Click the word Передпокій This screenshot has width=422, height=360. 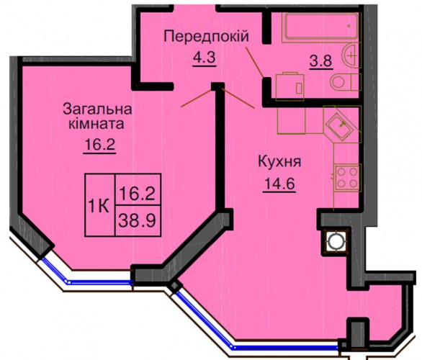click(207, 36)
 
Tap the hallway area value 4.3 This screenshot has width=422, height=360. click(205, 57)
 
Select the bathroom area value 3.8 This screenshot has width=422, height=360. click(320, 60)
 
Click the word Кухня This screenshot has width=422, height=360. click(279, 162)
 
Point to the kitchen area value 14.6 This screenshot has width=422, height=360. click(279, 184)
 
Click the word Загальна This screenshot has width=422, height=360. click(97, 109)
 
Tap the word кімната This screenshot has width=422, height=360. click(96, 124)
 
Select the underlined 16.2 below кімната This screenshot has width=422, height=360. click(99, 145)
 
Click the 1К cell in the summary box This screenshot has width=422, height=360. click(99, 207)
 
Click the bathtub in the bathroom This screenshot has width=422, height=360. click(320, 27)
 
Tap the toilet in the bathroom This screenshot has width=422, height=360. click(345, 82)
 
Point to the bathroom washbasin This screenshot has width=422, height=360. click(351, 55)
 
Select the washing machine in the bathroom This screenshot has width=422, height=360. click(289, 86)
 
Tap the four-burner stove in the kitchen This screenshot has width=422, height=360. click(347, 177)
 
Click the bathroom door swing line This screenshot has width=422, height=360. click(254, 62)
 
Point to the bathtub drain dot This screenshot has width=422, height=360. click(349, 26)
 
